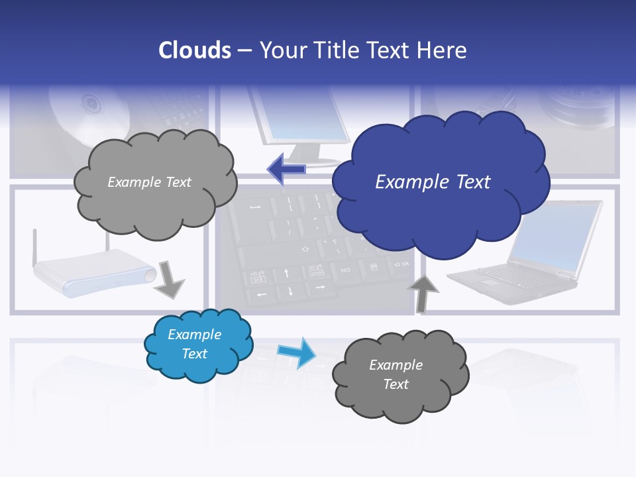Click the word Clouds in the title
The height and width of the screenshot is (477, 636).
[x=194, y=50]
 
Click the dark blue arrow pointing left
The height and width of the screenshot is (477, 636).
[x=286, y=170]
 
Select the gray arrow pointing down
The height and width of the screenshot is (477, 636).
[x=169, y=280]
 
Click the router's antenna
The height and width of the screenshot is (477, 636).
[x=34, y=245]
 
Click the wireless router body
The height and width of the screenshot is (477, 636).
[x=93, y=272]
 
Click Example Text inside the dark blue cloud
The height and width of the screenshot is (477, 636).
[x=433, y=182]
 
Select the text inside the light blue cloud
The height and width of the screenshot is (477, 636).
[x=195, y=344]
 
